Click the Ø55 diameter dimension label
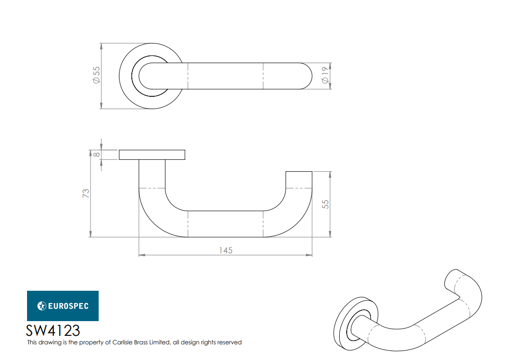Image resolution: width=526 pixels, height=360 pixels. point(96,75)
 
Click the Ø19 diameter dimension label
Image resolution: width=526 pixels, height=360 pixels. point(325,75)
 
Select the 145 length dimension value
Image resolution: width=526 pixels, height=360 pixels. point(226,250)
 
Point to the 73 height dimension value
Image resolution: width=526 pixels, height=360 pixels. point(86,194)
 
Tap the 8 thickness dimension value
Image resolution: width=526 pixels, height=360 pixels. point(96,155)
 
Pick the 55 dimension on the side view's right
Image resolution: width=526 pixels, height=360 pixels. point(325,204)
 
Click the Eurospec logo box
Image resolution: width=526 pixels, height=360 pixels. point(63,306)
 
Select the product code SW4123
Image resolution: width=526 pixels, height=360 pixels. point(53,330)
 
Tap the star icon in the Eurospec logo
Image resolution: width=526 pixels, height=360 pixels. point(42,306)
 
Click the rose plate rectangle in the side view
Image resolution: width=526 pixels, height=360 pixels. point(152,155)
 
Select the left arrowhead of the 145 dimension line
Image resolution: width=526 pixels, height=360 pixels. point(141,256)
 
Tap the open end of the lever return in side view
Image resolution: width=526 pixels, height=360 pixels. point(299,172)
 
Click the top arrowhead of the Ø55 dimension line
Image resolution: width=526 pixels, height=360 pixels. point(101,46)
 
